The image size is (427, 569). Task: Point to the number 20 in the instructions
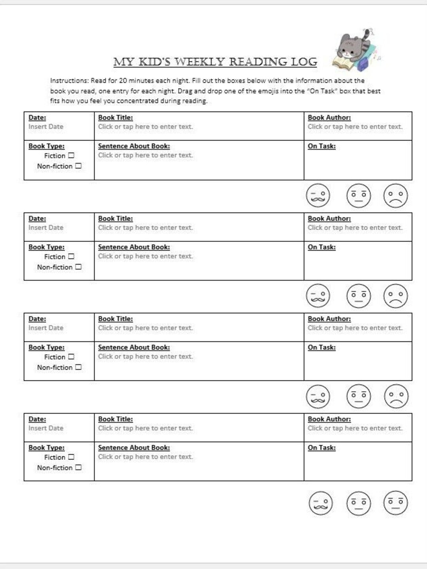(x=123, y=81)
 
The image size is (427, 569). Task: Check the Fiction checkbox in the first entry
(x=71, y=155)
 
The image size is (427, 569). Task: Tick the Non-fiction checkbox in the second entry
(x=78, y=267)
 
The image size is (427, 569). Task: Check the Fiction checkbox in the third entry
(x=71, y=357)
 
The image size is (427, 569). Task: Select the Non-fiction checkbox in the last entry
(x=78, y=467)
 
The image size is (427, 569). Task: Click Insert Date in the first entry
(x=46, y=127)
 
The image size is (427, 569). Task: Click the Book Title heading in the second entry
(x=115, y=219)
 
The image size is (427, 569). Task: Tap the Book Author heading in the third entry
(x=329, y=319)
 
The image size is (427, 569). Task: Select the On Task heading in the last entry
(x=321, y=448)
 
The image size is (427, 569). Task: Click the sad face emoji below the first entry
(x=395, y=195)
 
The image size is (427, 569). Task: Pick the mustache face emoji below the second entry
(x=318, y=296)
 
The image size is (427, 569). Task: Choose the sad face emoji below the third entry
(x=396, y=396)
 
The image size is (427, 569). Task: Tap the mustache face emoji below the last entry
(x=320, y=503)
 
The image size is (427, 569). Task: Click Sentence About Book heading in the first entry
(x=134, y=146)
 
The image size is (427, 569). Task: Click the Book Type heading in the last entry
(x=46, y=448)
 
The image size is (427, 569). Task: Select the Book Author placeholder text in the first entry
(x=355, y=127)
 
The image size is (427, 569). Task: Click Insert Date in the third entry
(x=46, y=328)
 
